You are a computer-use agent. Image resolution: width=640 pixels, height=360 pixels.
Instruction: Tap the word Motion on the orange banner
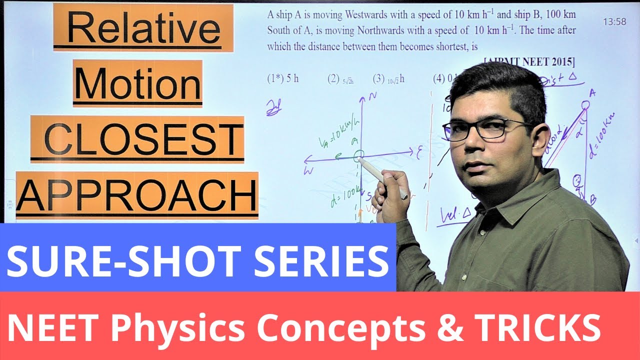coord(137,83)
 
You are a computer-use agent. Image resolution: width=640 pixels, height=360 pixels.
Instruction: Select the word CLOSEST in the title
coord(137,138)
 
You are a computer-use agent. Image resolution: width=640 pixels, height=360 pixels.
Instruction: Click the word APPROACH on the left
coord(137,194)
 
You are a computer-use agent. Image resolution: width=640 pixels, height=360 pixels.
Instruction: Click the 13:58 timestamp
coord(614,22)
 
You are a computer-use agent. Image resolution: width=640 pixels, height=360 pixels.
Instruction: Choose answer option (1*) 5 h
coord(283,78)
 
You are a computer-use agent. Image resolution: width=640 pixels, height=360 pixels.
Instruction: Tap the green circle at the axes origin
coord(358,157)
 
